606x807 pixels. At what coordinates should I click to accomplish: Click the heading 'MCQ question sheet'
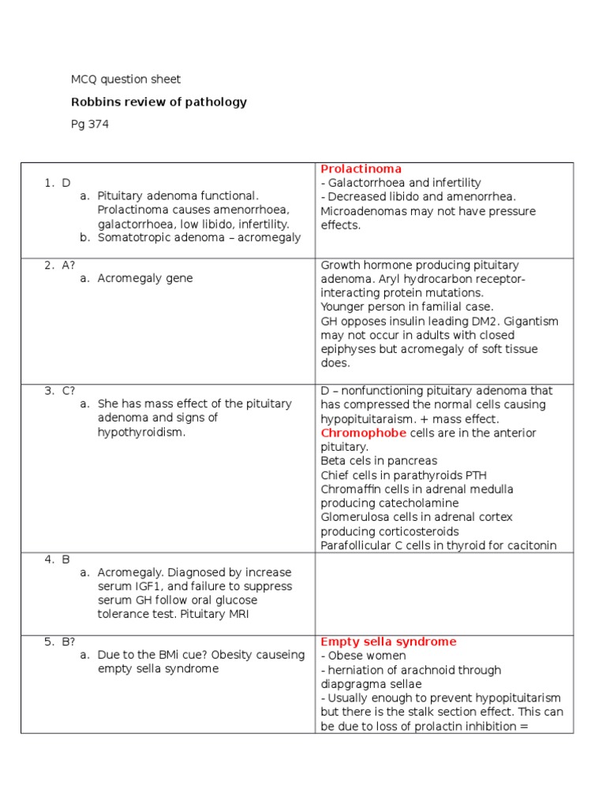pyautogui.click(x=125, y=79)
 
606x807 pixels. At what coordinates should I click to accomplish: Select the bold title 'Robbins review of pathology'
pyautogui.click(x=159, y=102)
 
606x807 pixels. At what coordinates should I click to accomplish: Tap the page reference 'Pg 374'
pyautogui.click(x=90, y=124)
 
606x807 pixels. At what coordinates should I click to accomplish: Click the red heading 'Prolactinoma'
pyautogui.click(x=361, y=169)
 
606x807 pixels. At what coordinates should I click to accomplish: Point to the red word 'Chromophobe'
pyautogui.click(x=364, y=433)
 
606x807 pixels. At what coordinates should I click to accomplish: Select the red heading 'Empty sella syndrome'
pyautogui.click(x=388, y=642)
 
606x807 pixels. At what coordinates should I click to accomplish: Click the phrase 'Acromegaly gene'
pyautogui.click(x=144, y=278)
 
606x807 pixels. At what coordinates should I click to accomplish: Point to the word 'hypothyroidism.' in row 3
pyautogui.click(x=141, y=432)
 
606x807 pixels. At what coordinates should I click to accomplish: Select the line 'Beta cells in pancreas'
pyautogui.click(x=379, y=460)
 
